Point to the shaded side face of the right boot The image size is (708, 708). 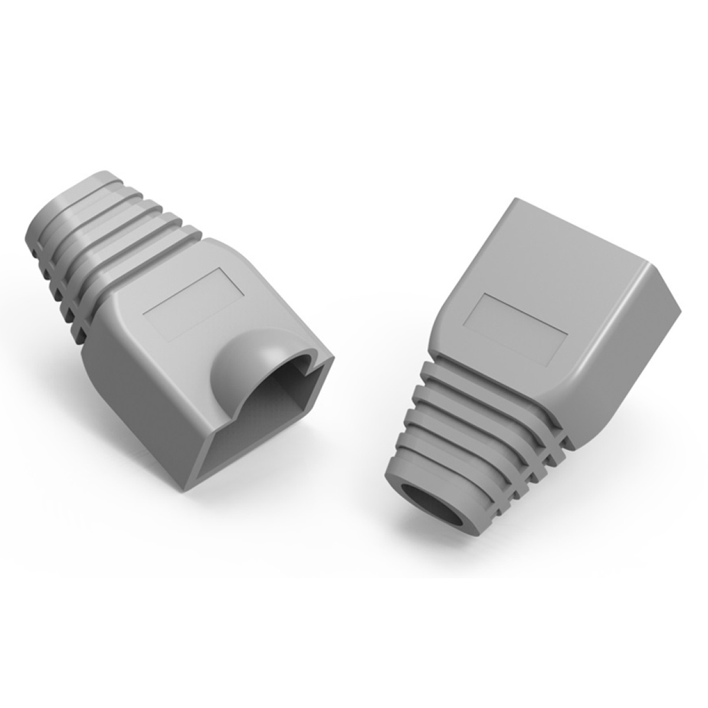[625, 354]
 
